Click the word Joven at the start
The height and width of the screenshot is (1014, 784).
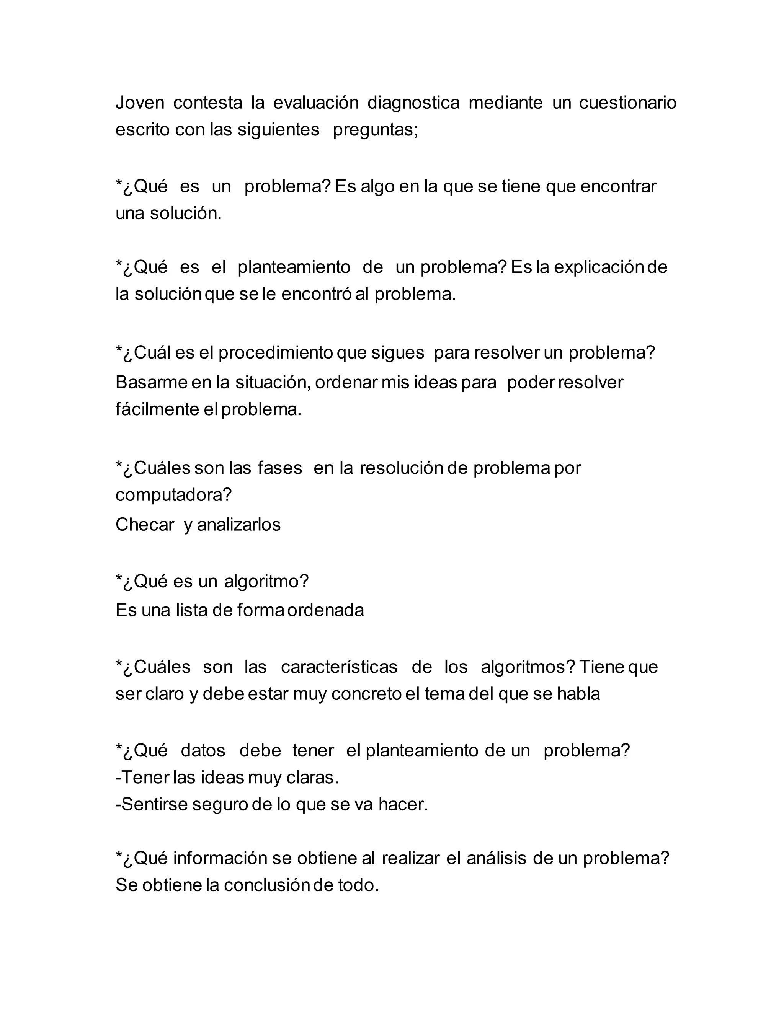pos(140,103)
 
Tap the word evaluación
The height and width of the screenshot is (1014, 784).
pos(316,103)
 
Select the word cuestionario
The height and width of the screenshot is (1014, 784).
pos(627,103)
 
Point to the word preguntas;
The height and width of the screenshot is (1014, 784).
pos(376,130)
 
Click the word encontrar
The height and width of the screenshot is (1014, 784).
pos(618,187)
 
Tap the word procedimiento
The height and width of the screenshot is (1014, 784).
pos(275,353)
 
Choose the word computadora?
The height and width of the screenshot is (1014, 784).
pos(173,496)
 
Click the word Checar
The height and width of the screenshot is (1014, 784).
pos(144,525)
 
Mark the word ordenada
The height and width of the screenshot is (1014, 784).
pos(326,610)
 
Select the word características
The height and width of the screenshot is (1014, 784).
pos(339,667)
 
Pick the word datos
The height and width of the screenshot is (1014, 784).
pos(203,751)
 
